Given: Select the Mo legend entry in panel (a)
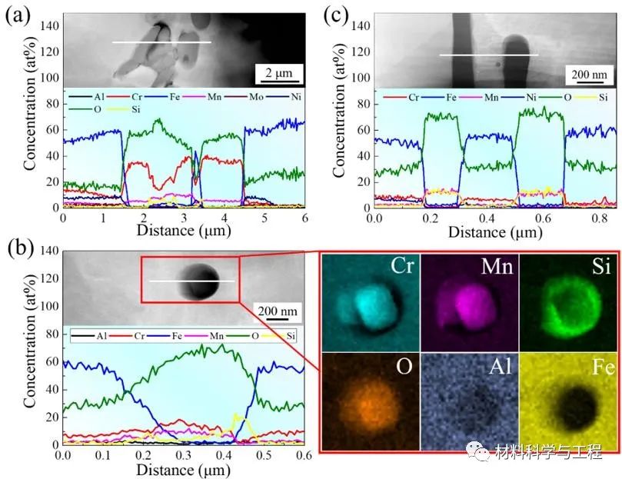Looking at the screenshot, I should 226,98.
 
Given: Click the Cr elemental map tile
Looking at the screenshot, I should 370,303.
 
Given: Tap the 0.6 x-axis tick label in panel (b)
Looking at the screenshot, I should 302,456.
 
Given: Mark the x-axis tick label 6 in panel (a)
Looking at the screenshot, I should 304,218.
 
